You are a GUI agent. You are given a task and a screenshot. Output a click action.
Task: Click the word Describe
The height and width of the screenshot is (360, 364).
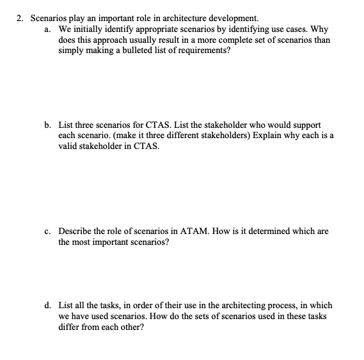[76, 231]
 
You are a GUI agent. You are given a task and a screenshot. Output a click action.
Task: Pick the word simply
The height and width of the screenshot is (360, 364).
[72, 51]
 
